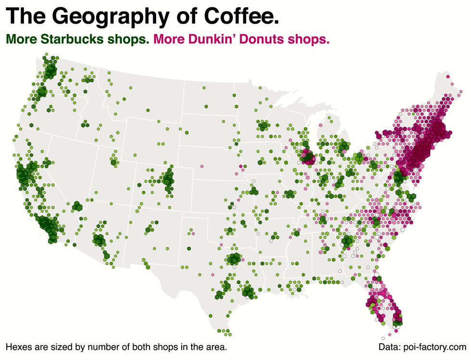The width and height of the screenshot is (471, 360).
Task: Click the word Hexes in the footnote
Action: click(x=18, y=347)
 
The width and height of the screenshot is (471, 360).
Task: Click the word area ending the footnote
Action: click(x=215, y=347)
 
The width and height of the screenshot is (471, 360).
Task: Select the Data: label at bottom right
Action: click(x=390, y=347)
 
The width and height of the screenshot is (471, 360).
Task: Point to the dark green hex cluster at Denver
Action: click(x=168, y=180)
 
